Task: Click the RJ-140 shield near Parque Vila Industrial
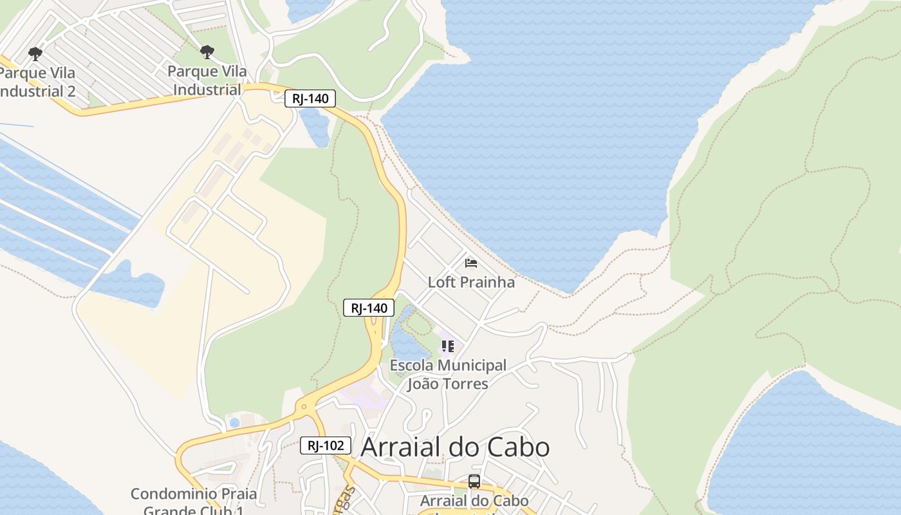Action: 310,98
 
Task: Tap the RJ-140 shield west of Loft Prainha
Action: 369,308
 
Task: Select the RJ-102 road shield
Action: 326,445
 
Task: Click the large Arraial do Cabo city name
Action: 455,447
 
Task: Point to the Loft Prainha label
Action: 471,282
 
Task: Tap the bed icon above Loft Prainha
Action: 471,263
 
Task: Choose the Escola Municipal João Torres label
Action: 448,374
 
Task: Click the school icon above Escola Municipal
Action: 448,346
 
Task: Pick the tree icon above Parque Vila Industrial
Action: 207,52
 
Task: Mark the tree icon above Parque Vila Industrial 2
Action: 35,53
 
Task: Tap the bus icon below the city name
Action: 474,481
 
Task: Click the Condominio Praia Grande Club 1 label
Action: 193,502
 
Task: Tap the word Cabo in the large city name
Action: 518,447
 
